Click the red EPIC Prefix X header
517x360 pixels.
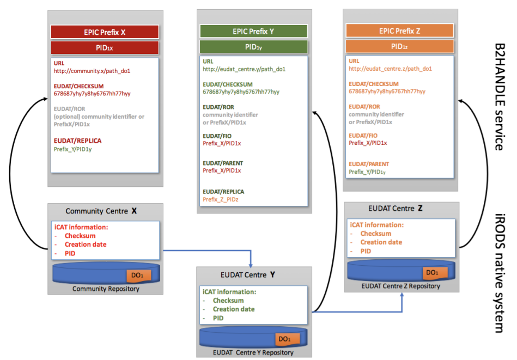105,32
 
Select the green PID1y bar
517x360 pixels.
253,47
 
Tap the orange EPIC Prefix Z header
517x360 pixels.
400,30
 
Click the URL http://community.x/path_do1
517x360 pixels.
92,71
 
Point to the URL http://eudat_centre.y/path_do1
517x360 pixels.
244,69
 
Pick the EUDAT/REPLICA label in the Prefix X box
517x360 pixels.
77,141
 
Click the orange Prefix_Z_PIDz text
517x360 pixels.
220,199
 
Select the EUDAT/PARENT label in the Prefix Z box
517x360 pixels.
369,164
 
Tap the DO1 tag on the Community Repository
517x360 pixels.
139,275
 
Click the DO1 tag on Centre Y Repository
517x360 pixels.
287,339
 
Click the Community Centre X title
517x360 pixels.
101,211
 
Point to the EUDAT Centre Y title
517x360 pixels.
248,275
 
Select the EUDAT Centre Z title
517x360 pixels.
396,209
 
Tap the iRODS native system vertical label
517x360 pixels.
500,273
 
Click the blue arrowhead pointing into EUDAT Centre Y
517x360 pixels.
251,265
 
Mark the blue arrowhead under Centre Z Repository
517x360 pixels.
402,295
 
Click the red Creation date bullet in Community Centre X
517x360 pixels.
86,245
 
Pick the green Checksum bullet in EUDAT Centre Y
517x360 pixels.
228,301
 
